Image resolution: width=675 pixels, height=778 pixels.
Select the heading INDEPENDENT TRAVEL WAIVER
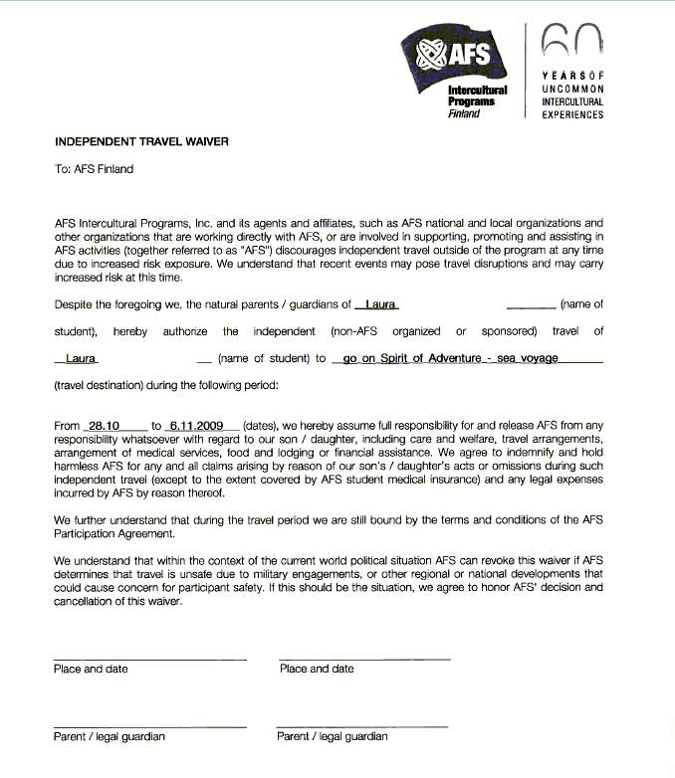140,141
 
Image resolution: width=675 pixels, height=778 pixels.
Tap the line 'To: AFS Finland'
94,169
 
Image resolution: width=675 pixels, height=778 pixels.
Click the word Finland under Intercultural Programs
463,113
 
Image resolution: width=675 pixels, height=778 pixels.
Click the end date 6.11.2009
197,425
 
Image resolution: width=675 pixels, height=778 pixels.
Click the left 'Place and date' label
91,669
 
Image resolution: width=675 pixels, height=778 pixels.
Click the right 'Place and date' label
317,669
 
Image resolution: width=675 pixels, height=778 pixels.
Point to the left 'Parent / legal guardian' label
110,737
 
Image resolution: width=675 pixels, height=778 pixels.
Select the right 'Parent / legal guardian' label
333,737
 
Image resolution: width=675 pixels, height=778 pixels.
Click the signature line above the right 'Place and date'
364,658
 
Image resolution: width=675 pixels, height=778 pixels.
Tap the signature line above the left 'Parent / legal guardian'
149,726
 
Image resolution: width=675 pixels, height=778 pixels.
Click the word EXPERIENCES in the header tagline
572,114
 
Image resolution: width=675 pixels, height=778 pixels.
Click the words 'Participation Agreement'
114,533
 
